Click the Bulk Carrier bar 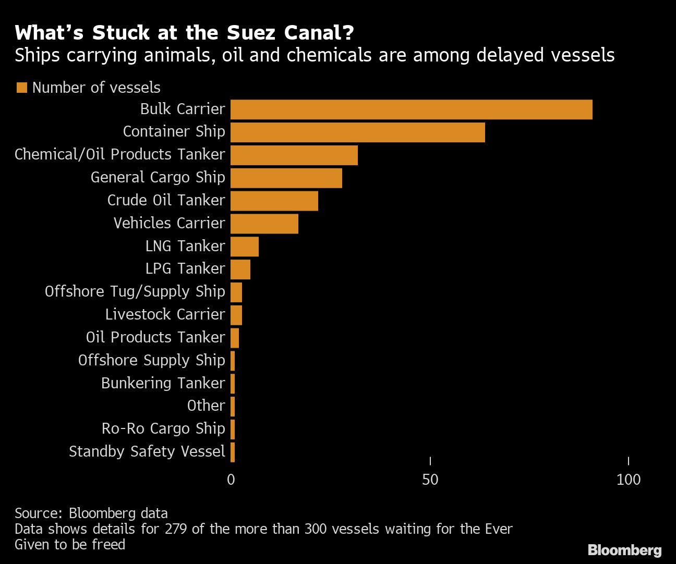(411, 109)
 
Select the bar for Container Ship (357, 132)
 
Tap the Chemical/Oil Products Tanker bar (294, 155)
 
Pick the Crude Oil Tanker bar (274, 201)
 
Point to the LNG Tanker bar (244, 247)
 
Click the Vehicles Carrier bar (264, 224)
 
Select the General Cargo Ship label (158, 177)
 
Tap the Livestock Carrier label (165, 314)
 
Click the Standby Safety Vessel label (147, 451)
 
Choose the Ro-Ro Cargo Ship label (163, 428)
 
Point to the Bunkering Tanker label (163, 383)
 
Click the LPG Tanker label (185, 268)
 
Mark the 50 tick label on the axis (430, 480)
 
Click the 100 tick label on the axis (628, 480)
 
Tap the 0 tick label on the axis (231, 480)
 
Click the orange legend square (21, 88)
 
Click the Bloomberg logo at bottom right (624, 550)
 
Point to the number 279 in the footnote (176, 529)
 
